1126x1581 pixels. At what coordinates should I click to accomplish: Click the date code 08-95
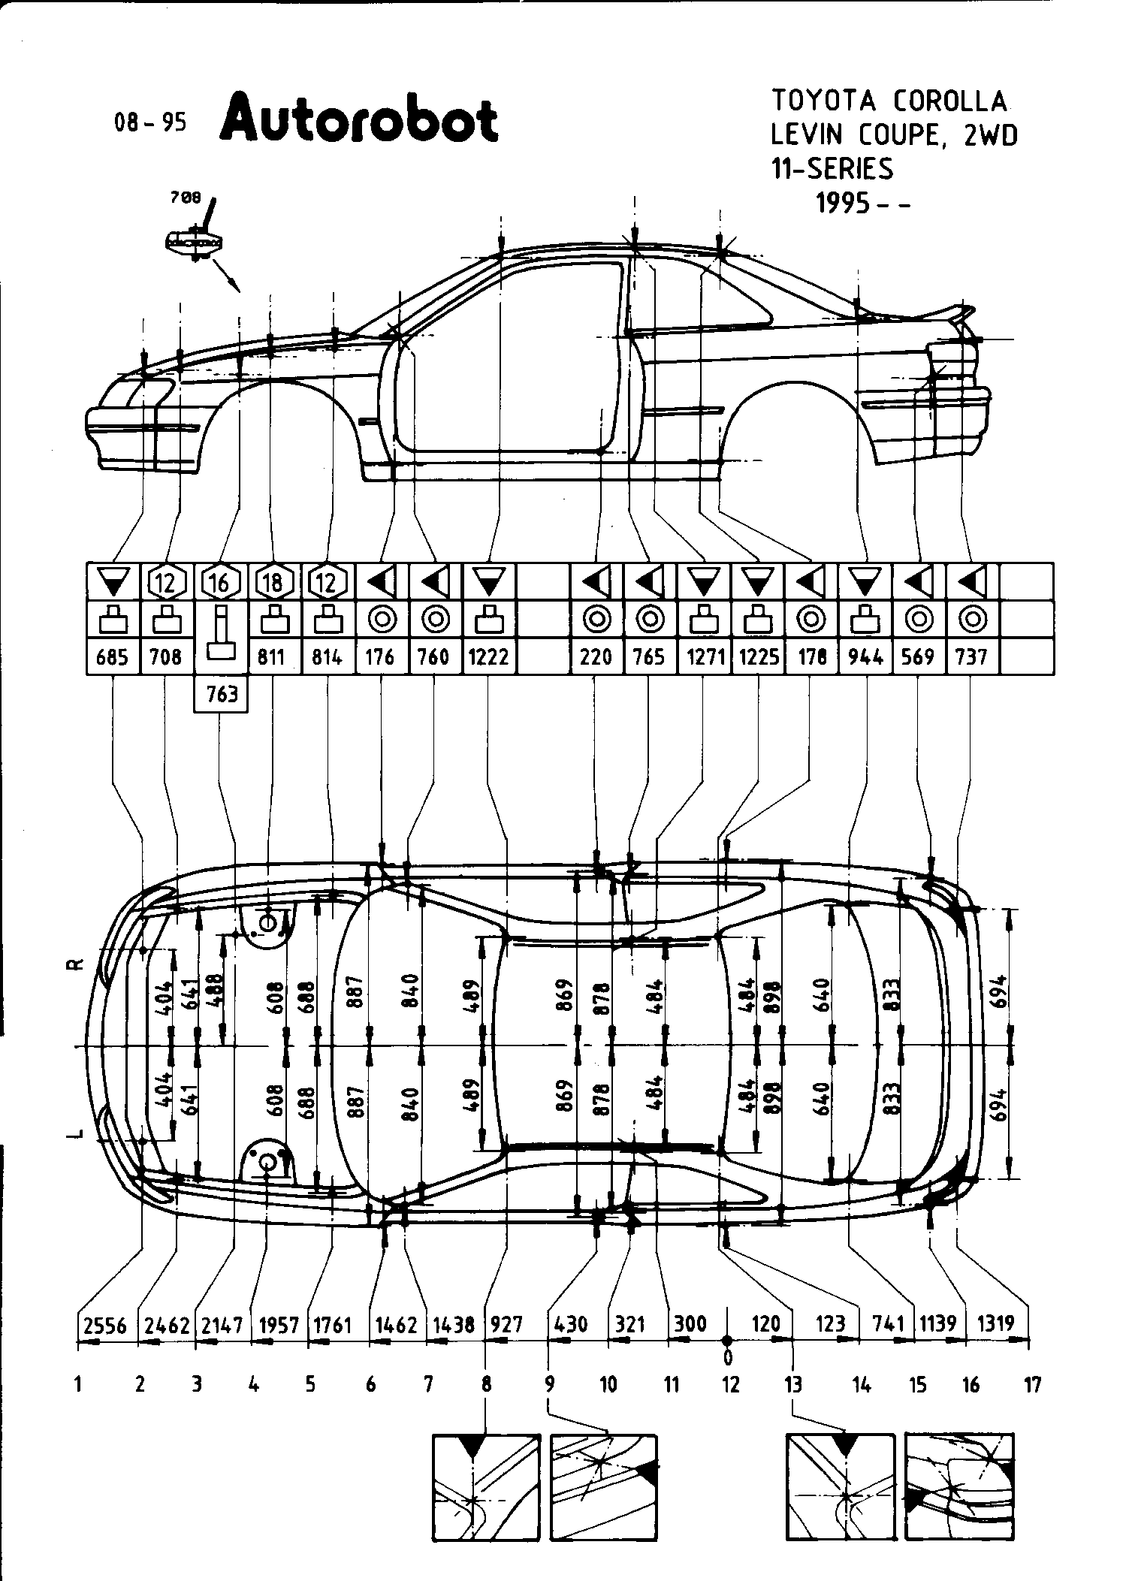tap(149, 122)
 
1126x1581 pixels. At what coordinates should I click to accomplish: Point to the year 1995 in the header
tap(844, 204)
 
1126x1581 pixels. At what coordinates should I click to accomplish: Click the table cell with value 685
tap(113, 657)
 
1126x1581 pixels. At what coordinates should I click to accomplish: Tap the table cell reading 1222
tap(489, 657)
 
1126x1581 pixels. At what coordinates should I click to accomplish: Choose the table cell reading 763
tap(222, 693)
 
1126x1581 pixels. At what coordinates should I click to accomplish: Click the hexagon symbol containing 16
tap(219, 582)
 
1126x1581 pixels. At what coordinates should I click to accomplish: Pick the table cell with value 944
tap(867, 657)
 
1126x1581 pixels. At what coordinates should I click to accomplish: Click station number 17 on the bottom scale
tap(1033, 1384)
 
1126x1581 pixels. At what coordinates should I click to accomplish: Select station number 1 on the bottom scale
tap(78, 1384)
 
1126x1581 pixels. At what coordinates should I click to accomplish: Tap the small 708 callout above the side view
tap(186, 198)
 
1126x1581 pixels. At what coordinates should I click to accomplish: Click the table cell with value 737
tap(971, 657)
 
